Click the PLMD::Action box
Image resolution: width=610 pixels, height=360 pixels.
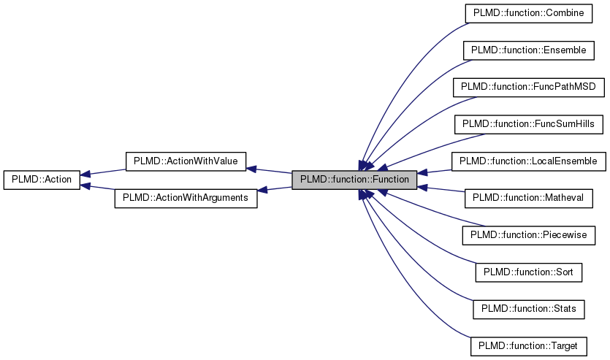tap(41, 180)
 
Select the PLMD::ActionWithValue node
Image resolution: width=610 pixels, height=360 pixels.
tap(186, 161)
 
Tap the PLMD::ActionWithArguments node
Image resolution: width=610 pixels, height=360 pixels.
tap(186, 198)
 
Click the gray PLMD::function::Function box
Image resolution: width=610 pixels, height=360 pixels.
tap(354, 180)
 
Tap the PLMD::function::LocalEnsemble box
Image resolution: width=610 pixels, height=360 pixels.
tap(529, 161)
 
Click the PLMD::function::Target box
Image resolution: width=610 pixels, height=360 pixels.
tap(529, 346)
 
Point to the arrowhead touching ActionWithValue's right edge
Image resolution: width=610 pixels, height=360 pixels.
tap(251, 168)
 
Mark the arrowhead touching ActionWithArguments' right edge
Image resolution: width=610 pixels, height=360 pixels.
tap(263, 190)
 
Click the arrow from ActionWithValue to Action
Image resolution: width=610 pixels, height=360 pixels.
tap(102, 172)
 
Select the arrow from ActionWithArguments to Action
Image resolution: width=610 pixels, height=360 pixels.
tap(99, 188)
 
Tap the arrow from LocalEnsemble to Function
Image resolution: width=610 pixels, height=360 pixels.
tap(438, 171)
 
